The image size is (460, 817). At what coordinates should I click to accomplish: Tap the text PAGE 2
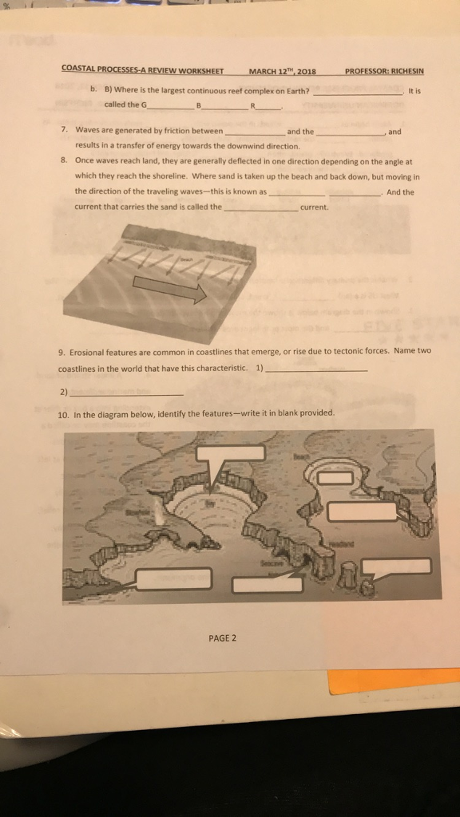click(220, 637)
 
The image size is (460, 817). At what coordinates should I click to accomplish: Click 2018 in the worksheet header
click(305, 70)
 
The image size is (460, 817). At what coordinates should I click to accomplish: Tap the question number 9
click(61, 352)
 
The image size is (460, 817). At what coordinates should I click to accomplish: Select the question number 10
click(63, 413)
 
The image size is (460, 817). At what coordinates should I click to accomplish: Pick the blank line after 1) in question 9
click(317, 371)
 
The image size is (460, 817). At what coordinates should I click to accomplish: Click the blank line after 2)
click(128, 393)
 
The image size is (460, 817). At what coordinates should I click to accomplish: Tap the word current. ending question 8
click(315, 207)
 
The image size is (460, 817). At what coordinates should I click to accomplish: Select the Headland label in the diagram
click(342, 544)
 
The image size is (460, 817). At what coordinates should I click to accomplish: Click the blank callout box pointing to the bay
click(230, 453)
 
